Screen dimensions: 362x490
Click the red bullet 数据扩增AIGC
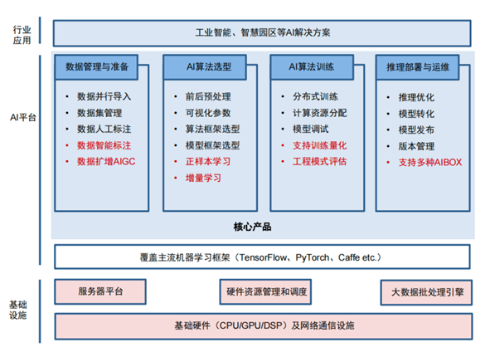105,160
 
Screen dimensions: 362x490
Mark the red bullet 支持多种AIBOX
429,162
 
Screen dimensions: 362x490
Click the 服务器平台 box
100,291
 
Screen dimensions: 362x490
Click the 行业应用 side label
22,34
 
